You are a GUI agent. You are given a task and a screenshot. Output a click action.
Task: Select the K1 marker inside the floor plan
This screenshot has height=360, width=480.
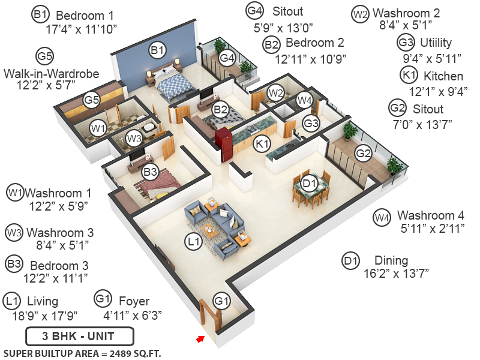click(x=261, y=144)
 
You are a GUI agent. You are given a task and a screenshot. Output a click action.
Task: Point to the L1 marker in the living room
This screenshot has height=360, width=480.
click(x=192, y=242)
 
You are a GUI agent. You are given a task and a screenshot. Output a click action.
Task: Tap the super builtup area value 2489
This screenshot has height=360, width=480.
click(x=120, y=352)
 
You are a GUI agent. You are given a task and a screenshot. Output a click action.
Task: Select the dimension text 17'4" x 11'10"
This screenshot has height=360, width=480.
click(x=81, y=28)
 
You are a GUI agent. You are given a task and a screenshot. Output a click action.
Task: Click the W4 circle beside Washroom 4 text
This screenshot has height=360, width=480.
click(x=382, y=218)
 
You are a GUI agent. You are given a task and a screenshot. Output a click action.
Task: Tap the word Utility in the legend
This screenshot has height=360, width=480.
click(x=436, y=43)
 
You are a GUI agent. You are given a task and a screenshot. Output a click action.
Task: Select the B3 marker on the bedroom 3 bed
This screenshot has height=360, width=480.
click(x=150, y=173)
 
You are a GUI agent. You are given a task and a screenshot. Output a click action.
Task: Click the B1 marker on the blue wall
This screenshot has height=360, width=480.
click(x=157, y=51)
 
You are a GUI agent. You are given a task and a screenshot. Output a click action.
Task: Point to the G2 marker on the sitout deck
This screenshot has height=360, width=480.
click(x=362, y=152)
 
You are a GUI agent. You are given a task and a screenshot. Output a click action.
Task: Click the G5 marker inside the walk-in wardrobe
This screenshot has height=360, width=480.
click(x=91, y=100)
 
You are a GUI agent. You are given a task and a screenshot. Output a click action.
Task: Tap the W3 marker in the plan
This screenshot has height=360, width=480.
click(x=134, y=139)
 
